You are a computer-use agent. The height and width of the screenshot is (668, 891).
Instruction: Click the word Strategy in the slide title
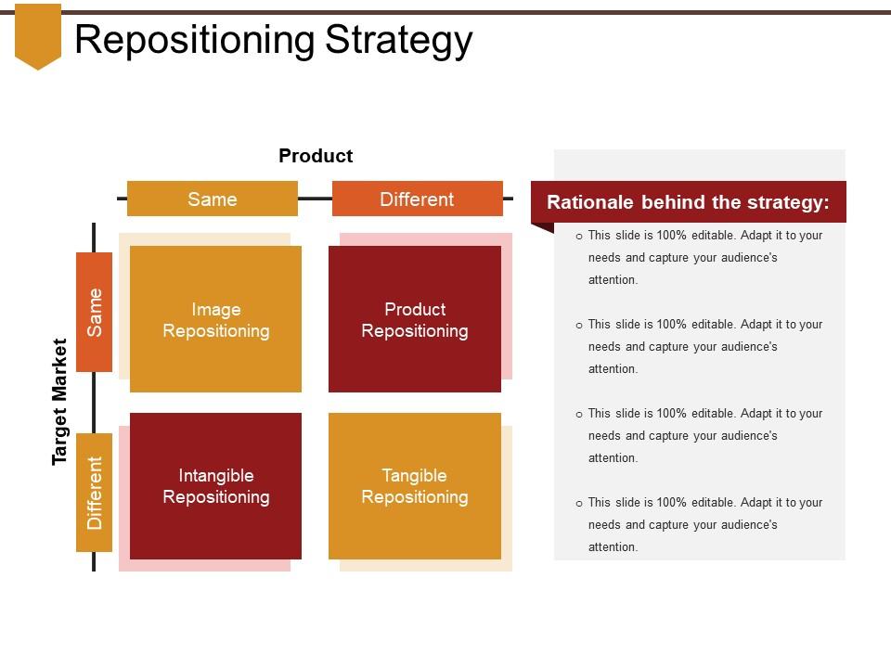[400, 41]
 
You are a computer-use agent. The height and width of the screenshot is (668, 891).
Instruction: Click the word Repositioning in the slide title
[195, 41]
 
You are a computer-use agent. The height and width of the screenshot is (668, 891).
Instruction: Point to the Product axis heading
[316, 156]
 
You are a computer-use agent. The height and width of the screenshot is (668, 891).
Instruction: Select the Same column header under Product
[213, 199]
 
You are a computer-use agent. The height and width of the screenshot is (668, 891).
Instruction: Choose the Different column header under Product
[417, 199]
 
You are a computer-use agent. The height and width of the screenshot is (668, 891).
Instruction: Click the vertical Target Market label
[60, 402]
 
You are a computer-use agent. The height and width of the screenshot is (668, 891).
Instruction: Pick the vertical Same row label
[95, 312]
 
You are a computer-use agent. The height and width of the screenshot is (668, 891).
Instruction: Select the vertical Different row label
[95, 492]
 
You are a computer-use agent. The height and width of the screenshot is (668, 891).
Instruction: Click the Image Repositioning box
[216, 319]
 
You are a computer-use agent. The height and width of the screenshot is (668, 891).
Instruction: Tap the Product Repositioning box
[415, 319]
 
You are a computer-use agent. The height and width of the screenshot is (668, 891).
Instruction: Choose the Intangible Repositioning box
[216, 486]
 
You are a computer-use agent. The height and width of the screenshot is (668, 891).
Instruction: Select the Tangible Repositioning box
[415, 486]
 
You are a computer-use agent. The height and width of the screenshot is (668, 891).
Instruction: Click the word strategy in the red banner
[788, 202]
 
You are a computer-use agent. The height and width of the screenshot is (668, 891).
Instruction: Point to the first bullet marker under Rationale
[579, 237]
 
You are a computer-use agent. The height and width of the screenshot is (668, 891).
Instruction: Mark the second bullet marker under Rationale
[579, 326]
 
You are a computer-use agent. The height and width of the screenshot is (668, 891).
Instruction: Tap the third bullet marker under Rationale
[579, 415]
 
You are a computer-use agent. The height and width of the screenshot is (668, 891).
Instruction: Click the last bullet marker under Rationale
[579, 504]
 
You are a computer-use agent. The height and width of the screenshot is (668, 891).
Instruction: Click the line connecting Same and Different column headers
[315, 199]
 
